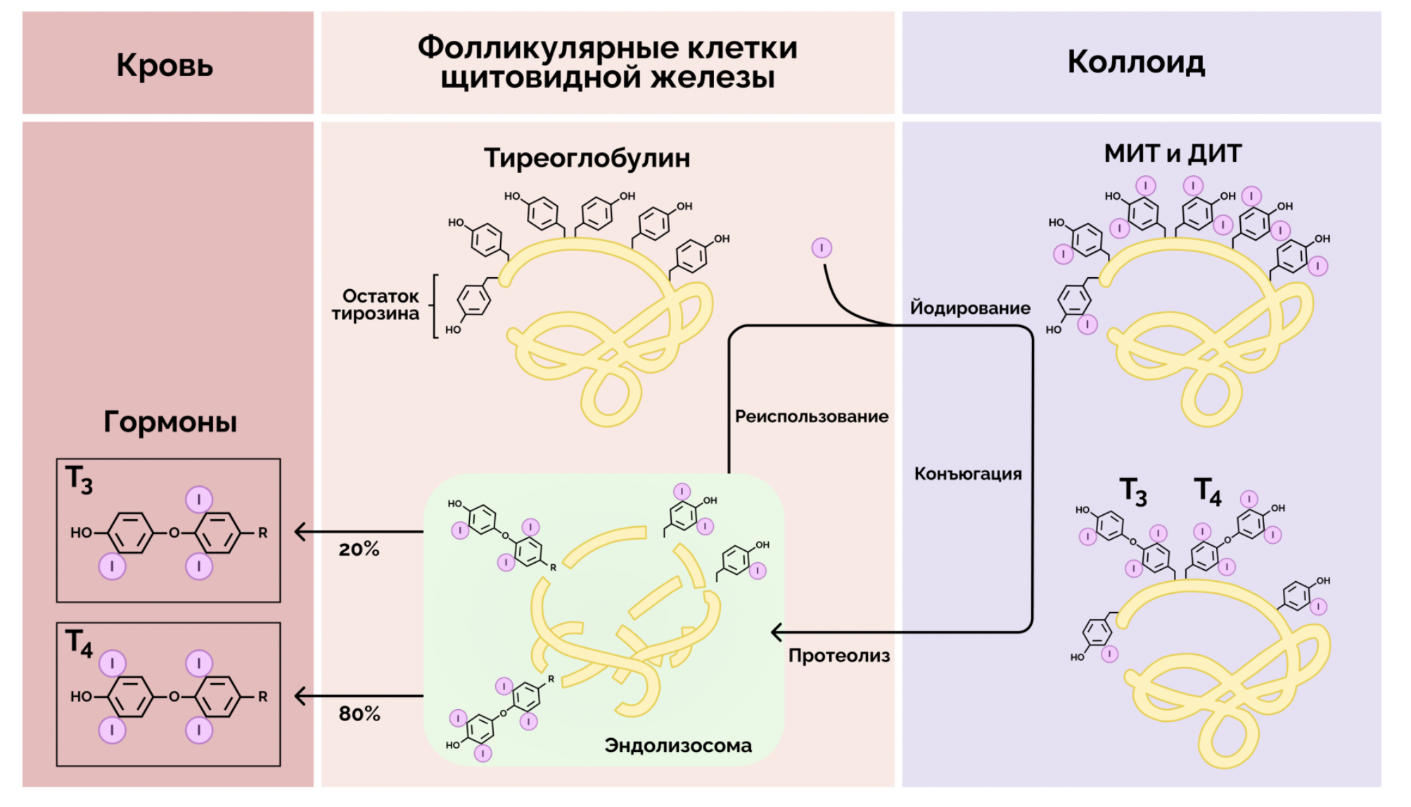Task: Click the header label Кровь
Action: click(x=165, y=65)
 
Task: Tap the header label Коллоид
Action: click(x=1136, y=62)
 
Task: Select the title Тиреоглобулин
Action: click(x=587, y=158)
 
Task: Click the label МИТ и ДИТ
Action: click(x=1173, y=153)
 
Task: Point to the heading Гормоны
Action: click(x=170, y=421)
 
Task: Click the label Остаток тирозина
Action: click(x=378, y=305)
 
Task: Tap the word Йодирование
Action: click(x=970, y=307)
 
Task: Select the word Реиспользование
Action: click(x=811, y=416)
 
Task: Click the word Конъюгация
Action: click(x=968, y=474)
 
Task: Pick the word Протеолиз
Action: click(x=838, y=656)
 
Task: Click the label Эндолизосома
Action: click(x=678, y=745)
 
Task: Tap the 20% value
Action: click(x=359, y=549)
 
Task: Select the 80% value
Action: click(x=359, y=714)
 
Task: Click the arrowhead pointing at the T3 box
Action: click(x=300, y=532)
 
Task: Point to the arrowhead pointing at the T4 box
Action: click(x=300, y=697)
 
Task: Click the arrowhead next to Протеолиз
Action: click(x=777, y=632)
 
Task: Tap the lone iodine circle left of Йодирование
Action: click(x=822, y=248)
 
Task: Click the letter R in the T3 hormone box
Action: click(x=262, y=533)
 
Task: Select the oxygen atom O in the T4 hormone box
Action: click(x=174, y=697)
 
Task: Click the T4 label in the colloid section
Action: click(x=1208, y=491)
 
